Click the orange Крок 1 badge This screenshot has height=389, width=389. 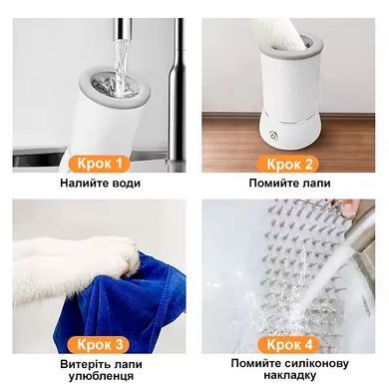point(100,164)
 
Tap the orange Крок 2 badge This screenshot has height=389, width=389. point(288,164)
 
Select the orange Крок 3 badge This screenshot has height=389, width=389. point(100,345)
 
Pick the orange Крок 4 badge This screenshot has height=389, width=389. point(288,345)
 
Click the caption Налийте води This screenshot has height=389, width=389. point(100,184)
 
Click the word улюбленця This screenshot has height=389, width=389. point(101,376)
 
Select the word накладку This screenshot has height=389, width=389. point(290,375)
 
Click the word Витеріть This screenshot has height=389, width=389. point(81,364)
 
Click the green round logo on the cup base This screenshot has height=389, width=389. point(274,136)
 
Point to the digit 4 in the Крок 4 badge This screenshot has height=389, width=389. point(308,345)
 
